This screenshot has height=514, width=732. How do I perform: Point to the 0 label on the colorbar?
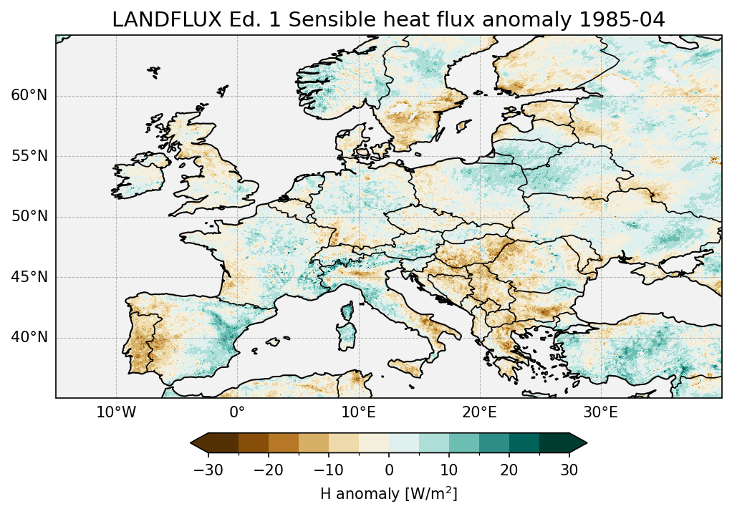click(x=389, y=470)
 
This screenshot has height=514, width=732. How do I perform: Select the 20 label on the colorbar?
click(x=509, y=470)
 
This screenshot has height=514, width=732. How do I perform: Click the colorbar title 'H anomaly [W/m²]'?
click(x=389, y=493)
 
